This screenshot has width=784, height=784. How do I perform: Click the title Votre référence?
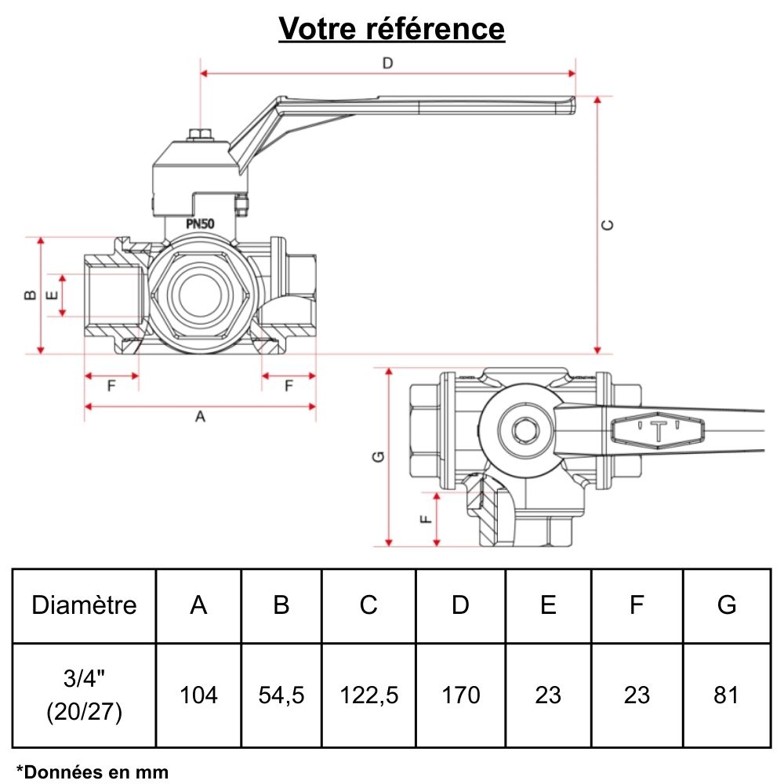(x=392, y=29)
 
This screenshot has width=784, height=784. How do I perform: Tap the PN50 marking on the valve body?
(x=201, y=223)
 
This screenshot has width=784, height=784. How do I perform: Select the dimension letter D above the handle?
(x=387, y=64)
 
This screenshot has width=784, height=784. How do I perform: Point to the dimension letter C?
(x=608, y=225)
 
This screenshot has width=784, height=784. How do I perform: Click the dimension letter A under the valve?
(x=200, y=417)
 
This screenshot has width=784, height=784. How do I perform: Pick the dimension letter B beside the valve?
(x=29, y=295)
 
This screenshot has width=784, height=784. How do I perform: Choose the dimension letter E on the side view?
(x=52, y=296)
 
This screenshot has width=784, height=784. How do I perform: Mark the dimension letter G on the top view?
(x=378, y=456)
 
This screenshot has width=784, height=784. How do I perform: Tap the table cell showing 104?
(x=199, y=695)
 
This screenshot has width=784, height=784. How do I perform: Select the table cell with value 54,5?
(x=281, y=695)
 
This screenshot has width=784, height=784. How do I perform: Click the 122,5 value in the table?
(x=368, y=695)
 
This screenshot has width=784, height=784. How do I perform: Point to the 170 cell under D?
(x=461, y=695)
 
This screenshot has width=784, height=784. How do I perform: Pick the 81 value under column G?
(x=727, y=695)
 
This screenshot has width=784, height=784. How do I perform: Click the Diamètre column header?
(x=84, y=605)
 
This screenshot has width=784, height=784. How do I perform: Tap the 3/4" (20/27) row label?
(x=84, y=695)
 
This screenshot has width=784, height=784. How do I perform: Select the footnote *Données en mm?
(x=92, y=771)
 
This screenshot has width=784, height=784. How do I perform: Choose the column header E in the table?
(x=548, y=605)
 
